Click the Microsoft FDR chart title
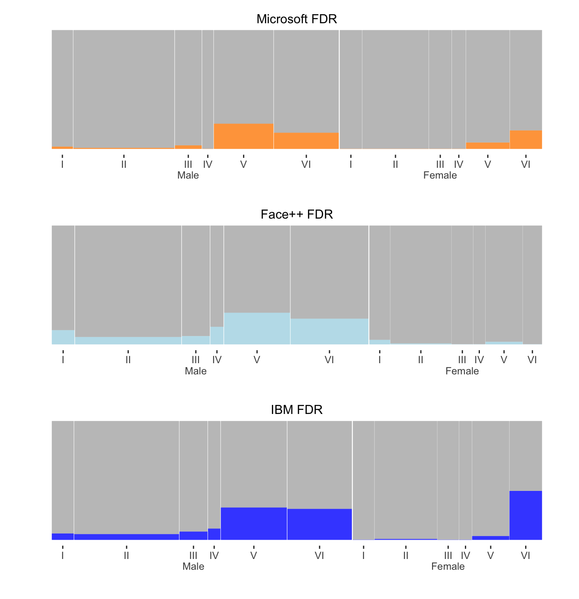[296, 19]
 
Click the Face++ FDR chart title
[296, 214]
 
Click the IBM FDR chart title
[296, 410]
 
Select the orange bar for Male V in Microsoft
[243, 136]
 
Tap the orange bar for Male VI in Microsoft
[306, 141]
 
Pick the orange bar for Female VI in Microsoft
[526, 140]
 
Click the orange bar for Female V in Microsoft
[488, 146]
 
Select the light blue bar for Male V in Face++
[257, 328]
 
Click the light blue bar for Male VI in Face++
[329, 331]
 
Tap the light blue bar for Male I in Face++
[63, 337]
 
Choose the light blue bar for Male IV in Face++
[217, 336]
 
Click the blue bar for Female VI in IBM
[526, 515]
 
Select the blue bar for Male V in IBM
[253, 524]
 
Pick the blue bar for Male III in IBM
[193, 536]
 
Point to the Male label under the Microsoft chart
[188, 176]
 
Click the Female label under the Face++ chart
[462, 371]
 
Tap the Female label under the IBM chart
[448, 566]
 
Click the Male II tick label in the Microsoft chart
[124, 164]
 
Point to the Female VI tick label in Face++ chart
[532, 360]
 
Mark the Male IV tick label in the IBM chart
[214, 556]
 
